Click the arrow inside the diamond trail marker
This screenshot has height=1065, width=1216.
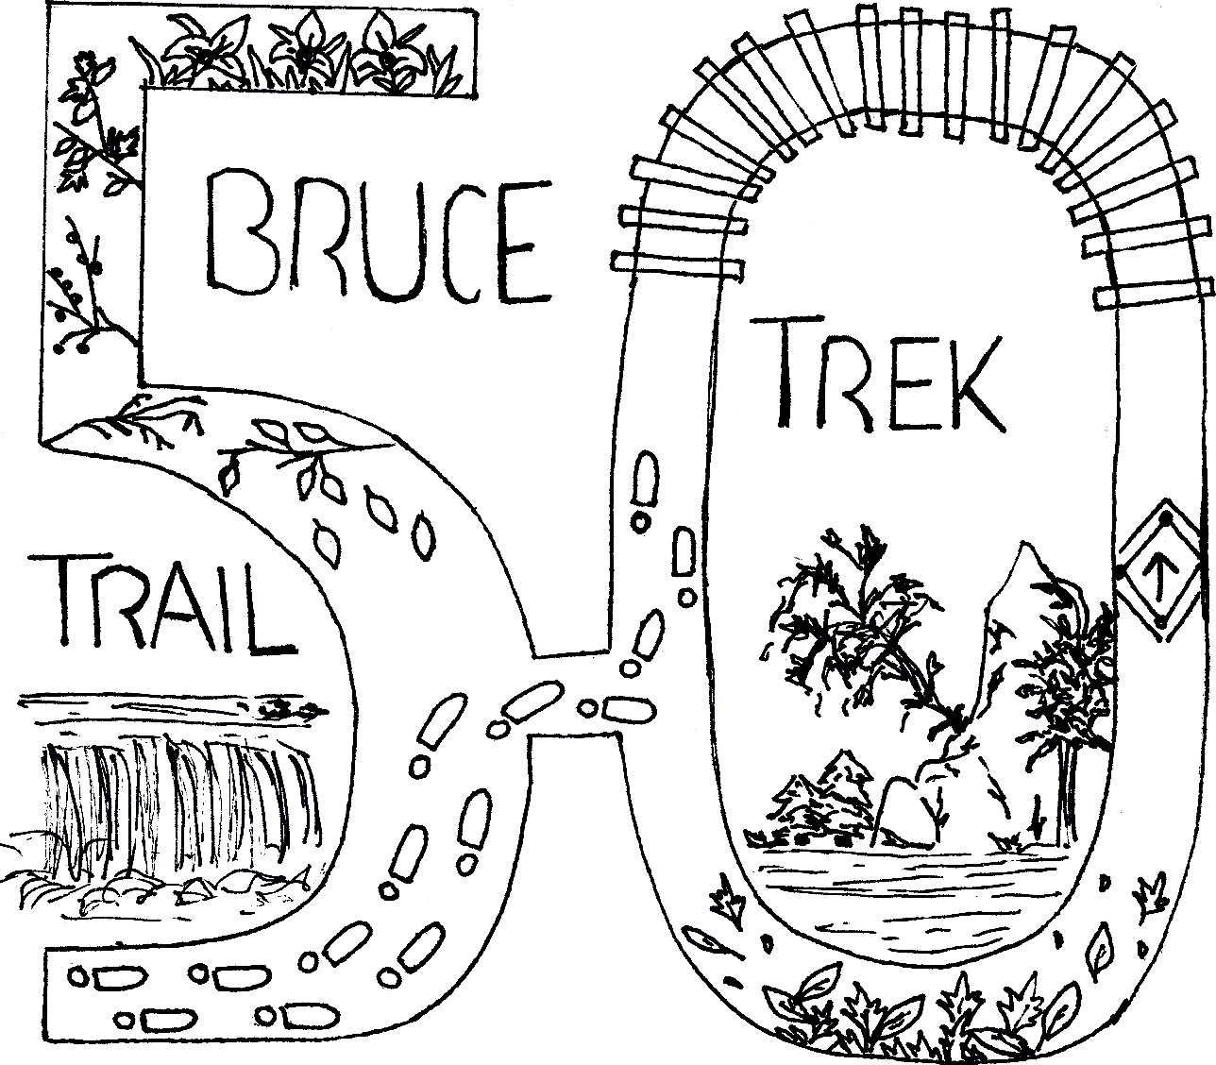click(1160, 571)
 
